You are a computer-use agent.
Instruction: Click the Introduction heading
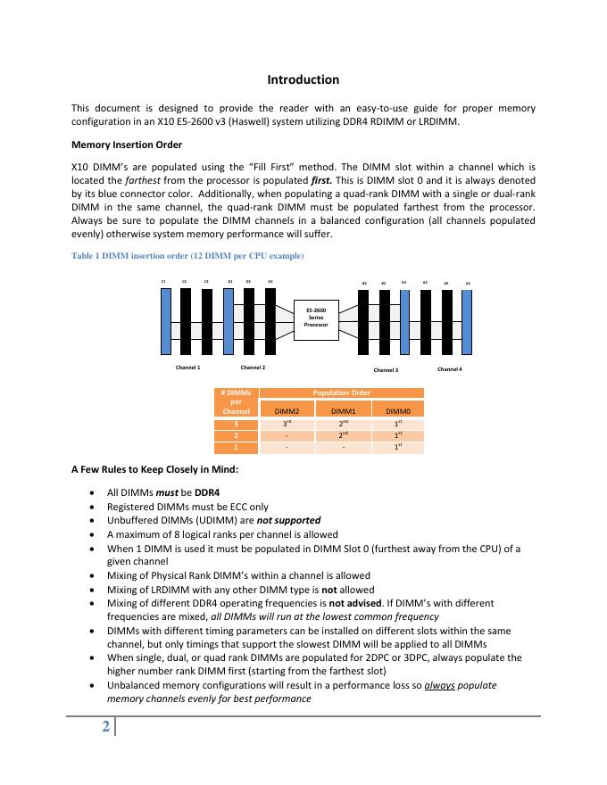[303, 80]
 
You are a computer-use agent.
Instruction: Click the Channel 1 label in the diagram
[187, 367]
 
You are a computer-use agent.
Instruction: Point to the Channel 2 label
[254, 367]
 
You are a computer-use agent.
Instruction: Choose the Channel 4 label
[450, 368]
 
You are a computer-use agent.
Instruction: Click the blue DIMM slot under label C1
[165, 321]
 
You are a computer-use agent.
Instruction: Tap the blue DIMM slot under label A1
[468, 322]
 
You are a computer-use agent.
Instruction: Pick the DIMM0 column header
[397, 411]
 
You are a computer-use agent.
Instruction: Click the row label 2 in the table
[236, 435]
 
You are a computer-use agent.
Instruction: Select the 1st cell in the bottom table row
[397, 447]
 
